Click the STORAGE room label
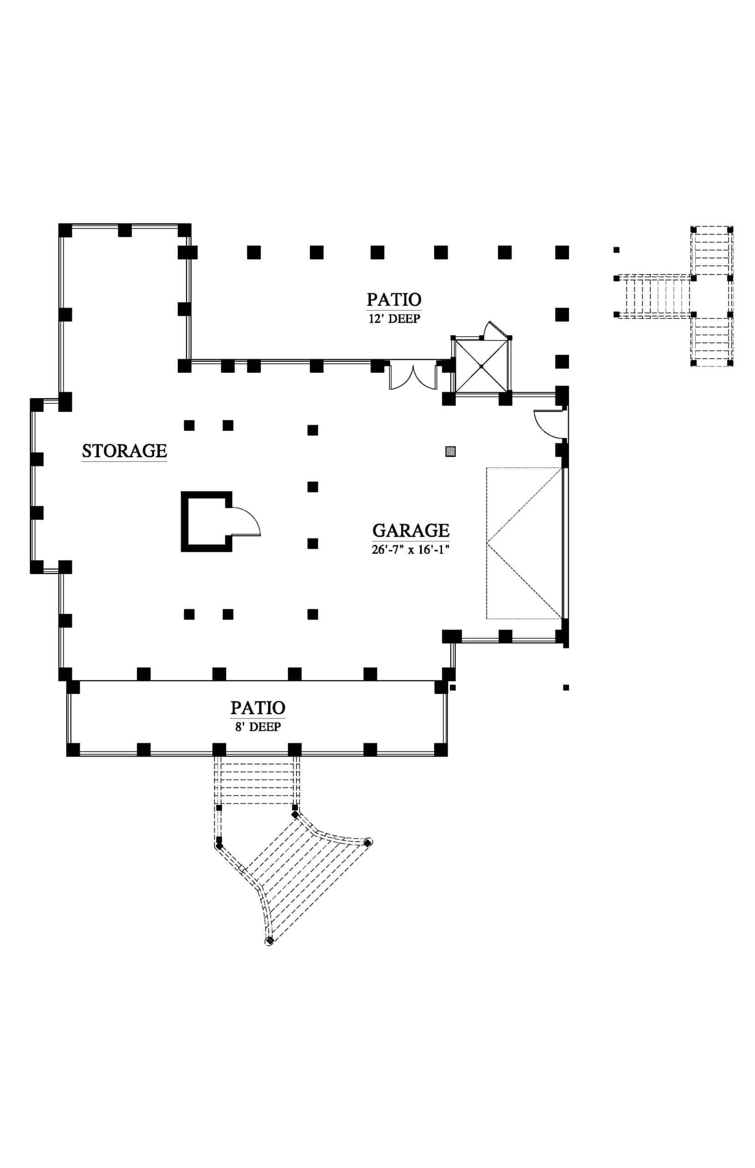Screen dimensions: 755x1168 [124, 450]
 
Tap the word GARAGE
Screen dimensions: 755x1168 [411, 530]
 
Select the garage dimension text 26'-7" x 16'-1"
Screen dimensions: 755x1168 [411, 549]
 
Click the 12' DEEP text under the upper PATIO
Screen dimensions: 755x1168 [394, 319]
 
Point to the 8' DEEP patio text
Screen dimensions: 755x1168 [258, 727]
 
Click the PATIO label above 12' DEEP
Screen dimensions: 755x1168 [394, 299]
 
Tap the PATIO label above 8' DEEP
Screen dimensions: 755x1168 [258, 708]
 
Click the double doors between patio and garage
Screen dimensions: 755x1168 [413, 377]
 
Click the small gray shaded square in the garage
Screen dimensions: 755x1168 [450, 451]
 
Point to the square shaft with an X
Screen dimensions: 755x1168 [481, 366]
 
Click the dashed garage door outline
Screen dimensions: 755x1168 [524, 543]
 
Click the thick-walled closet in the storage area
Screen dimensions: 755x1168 [207, 521]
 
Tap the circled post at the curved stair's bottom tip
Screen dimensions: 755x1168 [269, 941]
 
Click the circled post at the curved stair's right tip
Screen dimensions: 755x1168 [367, 843]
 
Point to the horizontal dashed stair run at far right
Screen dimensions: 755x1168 [655, 296]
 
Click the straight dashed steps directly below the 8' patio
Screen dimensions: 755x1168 [257, 781]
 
